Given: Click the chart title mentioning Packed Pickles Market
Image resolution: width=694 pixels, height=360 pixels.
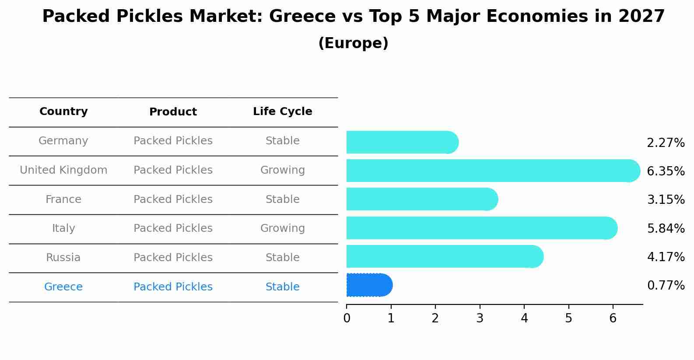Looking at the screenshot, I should pos(353,17).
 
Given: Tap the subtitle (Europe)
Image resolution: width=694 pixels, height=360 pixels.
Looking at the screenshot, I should pos(353,43).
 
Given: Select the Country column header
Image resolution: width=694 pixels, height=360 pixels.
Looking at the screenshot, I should pos(63,112).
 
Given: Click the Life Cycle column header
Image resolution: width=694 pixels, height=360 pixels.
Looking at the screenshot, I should pos(282,112).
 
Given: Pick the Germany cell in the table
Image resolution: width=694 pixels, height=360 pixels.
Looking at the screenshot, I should pos(63,141).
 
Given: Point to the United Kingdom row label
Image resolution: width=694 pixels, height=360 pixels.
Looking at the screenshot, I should pos(63,170).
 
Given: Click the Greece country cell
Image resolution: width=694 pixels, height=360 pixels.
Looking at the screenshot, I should pos(63,287).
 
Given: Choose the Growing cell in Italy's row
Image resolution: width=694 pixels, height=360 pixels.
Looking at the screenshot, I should pos(282,228).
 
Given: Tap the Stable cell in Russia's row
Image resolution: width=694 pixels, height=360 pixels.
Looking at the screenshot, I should pos(282,258).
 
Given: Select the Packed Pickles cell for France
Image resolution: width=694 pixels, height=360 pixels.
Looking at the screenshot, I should pos(173,199).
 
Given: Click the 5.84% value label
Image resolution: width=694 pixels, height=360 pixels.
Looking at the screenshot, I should pos(666,228).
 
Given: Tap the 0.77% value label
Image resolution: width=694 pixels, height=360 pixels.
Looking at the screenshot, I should pos(666,286).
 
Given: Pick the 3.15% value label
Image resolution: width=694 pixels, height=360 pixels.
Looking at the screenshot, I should pos(666,200).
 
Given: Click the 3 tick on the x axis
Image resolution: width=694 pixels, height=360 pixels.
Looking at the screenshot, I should pos(480,318).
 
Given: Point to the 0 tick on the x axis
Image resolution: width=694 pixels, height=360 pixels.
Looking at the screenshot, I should pos(347,318).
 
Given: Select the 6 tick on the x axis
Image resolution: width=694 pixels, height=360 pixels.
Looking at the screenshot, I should pos(613,318).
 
